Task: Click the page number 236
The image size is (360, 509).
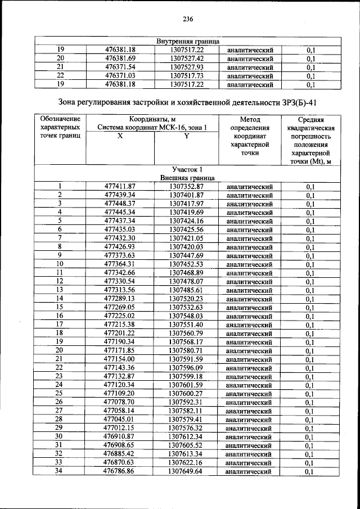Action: (x=188, y=19)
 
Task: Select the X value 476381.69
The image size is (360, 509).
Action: (x=120, y=58)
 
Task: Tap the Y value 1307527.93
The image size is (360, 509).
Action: (x=186, y=67)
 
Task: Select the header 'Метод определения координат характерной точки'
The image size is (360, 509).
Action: (x=250, y=136)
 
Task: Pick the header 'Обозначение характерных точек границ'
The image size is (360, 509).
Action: (x=60, y=128)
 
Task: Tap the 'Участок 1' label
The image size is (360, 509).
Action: (x=187, y=169)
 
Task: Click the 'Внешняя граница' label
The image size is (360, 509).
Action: (x=187, y=178)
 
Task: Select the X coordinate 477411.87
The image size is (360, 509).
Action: (x=120, y=186)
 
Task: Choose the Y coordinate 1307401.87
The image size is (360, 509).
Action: (x=186, y=195)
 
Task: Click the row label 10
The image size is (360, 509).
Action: (x=60, y=264)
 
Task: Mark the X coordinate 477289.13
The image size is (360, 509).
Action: (x=120, y=299)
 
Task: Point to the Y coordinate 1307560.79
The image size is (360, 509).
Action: (x=186, y=333)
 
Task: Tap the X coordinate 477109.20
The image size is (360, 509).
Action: (x=120, y=394)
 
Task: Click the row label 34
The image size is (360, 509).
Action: (x=60, y=471)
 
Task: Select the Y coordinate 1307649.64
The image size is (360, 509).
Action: (x=186, y=471)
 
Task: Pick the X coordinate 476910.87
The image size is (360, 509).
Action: (x=120, y=436)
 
